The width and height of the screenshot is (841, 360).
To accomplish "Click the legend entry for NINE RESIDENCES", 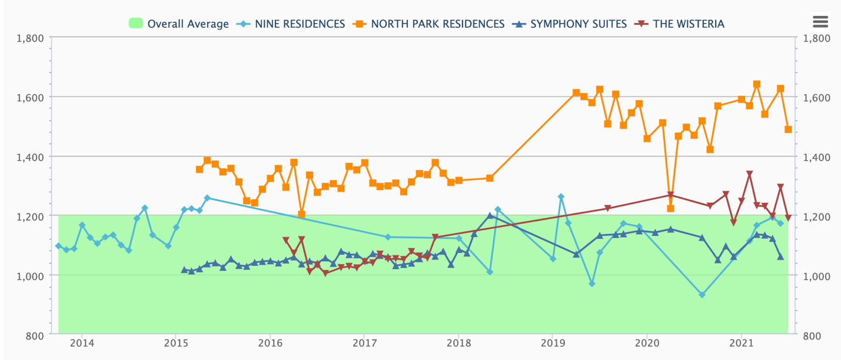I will (291, 24).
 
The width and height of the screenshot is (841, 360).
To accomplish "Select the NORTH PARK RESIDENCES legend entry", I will (430, 24).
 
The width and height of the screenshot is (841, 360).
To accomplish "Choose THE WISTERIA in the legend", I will (681, 24).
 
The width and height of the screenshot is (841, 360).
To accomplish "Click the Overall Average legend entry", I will (179, 24).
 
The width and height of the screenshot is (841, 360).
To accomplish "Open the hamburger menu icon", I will (820, 22).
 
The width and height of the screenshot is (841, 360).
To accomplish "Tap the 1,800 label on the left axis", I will (31, 38).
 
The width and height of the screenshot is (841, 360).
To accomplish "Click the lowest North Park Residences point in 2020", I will (670, 208).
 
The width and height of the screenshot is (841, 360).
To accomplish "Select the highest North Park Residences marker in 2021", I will (757, 84).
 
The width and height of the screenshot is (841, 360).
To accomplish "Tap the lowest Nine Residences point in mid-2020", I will (702, 295).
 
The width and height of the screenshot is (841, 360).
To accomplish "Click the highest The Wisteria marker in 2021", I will (749, 174).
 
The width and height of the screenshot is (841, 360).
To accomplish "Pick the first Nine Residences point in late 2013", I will (58, 246).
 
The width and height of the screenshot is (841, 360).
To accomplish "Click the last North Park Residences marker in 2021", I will (788, 129).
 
